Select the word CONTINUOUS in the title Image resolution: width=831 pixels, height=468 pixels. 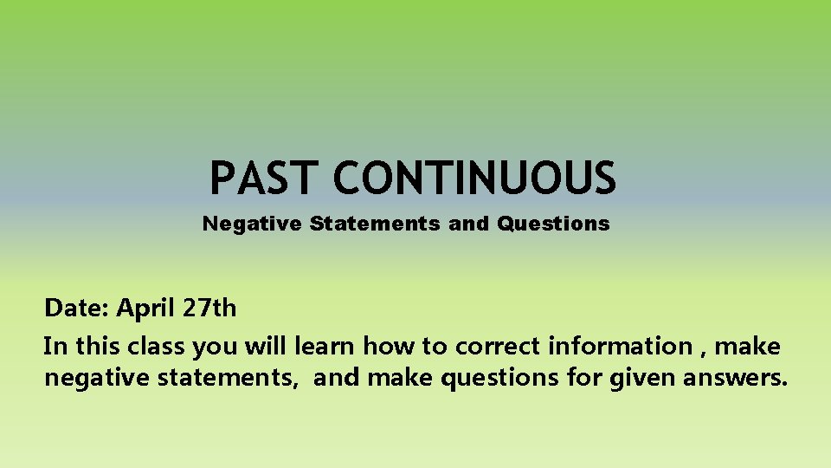click(x=474, y=179)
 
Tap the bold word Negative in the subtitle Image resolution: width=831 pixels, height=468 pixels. click(x=252, y=224)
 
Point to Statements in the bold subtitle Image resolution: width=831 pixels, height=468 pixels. click(x=375, y=224)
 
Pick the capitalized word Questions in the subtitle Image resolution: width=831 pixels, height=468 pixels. click(x=553, y=224)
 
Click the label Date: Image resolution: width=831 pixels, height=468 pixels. click(x=77, y=308)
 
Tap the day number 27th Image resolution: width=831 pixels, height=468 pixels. click(x=209, y=308)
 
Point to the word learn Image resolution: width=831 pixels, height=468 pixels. click(x=325, y=347)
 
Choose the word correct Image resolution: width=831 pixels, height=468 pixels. click(x=499, y=347)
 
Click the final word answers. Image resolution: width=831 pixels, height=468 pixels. click(x=737, y=379)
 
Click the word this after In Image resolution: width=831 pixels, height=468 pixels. click(x=97, y=347)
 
